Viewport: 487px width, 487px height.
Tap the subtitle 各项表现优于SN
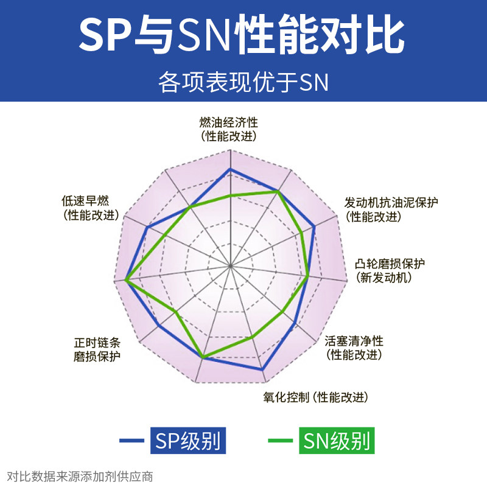pos(243,82)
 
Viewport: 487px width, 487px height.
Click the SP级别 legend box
pos(188,440)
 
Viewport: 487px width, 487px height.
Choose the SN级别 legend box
pos(335,440)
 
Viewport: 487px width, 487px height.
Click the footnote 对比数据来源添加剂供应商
pos(80,476)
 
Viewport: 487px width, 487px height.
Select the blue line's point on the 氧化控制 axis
pos(262,370)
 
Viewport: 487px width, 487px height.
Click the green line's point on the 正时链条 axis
pos(176,312)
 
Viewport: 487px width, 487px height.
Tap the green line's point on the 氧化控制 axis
pos(253,337)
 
